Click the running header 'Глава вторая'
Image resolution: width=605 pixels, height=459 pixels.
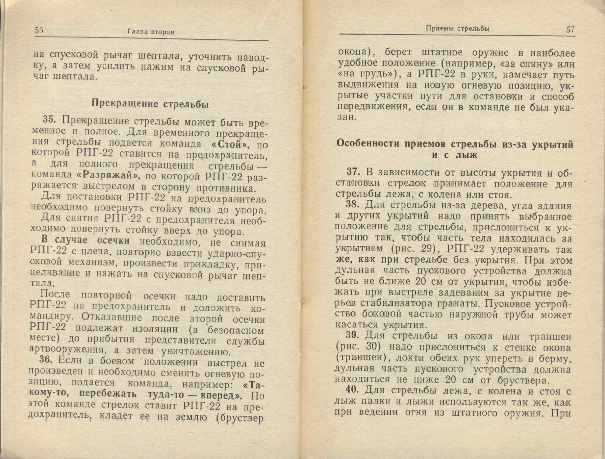[x=151, y=32]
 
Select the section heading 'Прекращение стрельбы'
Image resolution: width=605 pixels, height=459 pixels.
[x=150, y=104]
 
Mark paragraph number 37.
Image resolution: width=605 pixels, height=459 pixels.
[x=354, y=172]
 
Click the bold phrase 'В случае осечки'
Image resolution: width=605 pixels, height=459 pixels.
[x=85, y=240]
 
